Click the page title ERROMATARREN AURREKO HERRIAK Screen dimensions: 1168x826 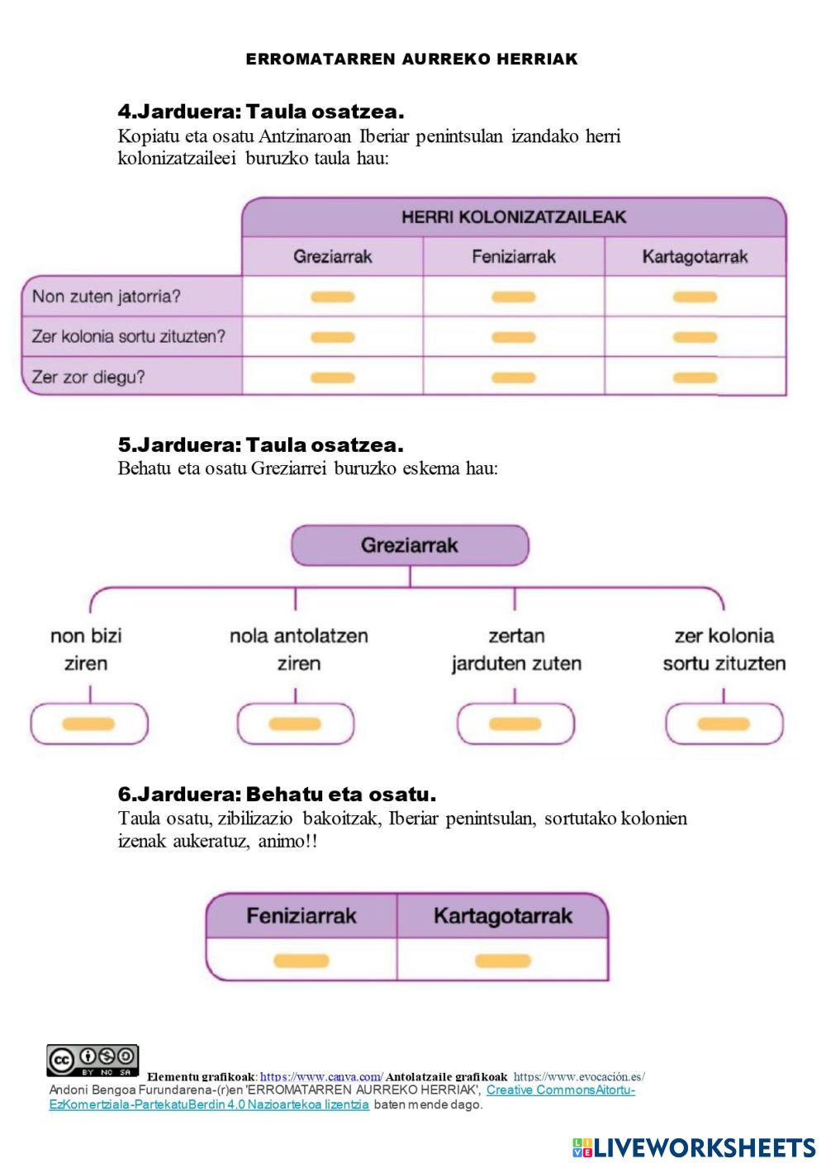pos(411,59)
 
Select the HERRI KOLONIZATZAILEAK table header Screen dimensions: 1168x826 pos(514,217)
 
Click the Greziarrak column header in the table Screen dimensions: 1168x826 pos(333,257)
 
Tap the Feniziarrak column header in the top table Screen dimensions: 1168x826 pos(514,257)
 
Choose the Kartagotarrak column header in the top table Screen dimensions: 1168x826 pos(695,257)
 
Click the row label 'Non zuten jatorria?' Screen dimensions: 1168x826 pos(107,297)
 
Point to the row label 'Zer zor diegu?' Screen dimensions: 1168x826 pos(88,377)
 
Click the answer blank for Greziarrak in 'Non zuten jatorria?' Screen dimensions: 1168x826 pos(333,297)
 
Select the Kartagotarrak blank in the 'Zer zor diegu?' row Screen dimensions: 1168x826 pos(695,378)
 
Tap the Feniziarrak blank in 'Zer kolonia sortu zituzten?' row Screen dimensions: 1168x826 pos(514,337)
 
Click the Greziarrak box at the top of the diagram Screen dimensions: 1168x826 pos(410,545)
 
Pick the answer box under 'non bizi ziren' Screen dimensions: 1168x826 pos(88,724)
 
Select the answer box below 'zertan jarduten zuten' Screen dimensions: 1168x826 pos(515,724)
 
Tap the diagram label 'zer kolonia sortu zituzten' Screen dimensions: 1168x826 pos(724,649)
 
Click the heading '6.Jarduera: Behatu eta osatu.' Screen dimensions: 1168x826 pos(277,795)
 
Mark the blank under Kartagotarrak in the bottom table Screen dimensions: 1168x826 pos(503,961)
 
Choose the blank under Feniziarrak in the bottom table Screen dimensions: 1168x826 pos(301,961)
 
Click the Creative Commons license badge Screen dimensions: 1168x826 pos(93,1060)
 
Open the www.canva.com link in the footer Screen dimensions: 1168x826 pos(321,1076)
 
